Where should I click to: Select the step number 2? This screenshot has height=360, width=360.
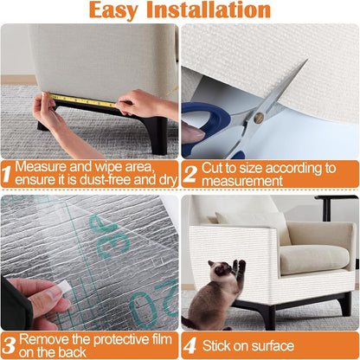click(x=190, y=174)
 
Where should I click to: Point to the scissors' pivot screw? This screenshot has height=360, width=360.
click(x=258, y=115)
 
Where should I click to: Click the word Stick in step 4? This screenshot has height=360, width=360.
click(x=219, y=345)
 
